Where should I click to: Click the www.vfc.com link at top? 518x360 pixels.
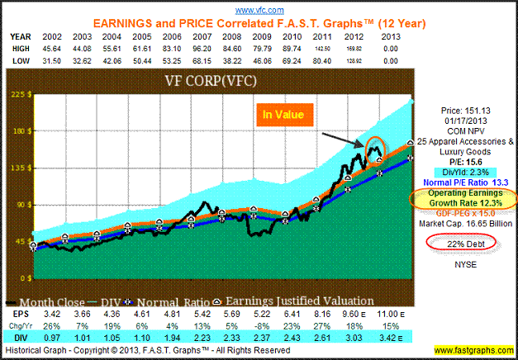259,9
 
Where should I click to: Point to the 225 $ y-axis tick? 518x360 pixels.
14,94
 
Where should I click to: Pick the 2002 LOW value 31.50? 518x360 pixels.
35,59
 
